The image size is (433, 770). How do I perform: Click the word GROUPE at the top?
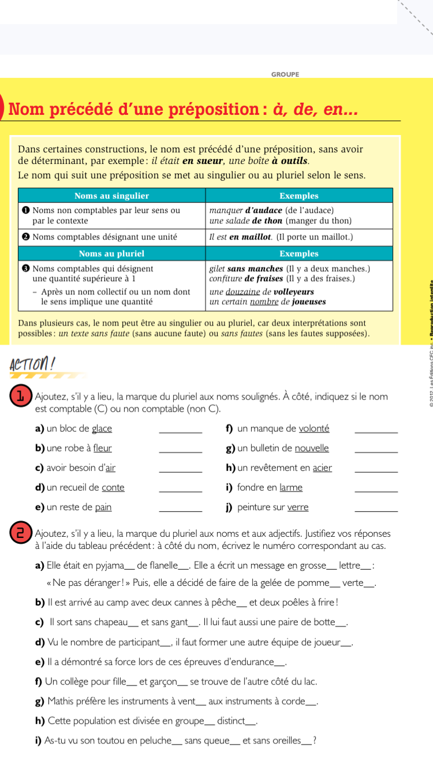(x=285, y=74)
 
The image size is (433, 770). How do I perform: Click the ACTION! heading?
(x=32, y=349)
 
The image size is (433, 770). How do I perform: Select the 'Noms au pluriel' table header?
(x=112, y=253)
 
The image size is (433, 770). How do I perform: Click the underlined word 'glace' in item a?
(x=102, y=428)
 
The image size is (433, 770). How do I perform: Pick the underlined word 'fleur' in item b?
(x=103, y=448)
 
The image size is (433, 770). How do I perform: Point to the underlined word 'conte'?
(x=113, y=487)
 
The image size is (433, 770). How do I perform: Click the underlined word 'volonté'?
(x=314, y=428)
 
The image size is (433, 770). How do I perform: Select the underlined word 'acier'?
(x=322, y=468)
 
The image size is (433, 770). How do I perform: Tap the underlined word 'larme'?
(x=291, y=487)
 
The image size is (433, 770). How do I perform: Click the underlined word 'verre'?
(x=298, y=507)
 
